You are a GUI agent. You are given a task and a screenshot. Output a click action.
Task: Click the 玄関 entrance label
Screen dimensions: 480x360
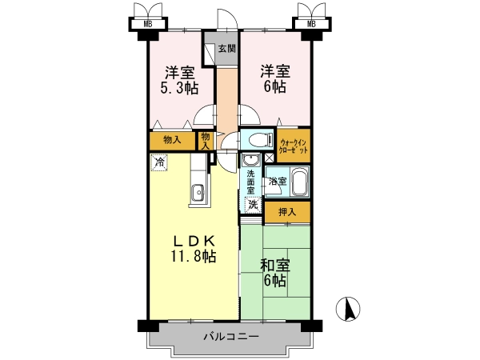227,48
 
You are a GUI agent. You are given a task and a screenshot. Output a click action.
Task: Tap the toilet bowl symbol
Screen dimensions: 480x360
261,141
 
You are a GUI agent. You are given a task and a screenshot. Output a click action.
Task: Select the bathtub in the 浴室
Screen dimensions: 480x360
300,182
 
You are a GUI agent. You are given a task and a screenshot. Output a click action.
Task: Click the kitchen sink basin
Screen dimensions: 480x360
198,193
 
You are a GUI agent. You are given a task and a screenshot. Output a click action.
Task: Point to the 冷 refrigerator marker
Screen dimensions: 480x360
159,162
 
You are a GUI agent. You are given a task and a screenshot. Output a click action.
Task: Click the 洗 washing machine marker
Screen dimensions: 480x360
253,205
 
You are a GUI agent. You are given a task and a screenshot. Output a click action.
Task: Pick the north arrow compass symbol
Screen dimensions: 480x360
348,309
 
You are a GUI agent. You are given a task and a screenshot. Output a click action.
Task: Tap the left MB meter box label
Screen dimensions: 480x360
148,24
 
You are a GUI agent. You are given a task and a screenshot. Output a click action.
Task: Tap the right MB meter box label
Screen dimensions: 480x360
311,24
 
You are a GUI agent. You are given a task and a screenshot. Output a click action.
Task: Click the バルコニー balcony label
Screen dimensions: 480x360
231,337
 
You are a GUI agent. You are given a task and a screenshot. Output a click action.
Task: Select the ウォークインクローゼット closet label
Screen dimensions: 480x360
294,146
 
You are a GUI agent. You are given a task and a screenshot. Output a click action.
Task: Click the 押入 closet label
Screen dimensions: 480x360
287,212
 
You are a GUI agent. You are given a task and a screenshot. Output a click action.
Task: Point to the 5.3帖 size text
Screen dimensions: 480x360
179,88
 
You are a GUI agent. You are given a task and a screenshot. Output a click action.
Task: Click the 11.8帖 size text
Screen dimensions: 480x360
193,256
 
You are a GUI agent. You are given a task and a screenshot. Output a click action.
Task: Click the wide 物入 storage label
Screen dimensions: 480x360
172,140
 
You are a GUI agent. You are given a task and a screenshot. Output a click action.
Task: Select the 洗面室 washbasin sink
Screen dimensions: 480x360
251,160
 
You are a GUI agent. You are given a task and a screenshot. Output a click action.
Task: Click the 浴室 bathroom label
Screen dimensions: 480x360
278,182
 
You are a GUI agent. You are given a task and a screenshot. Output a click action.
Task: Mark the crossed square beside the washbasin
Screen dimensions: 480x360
269,158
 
